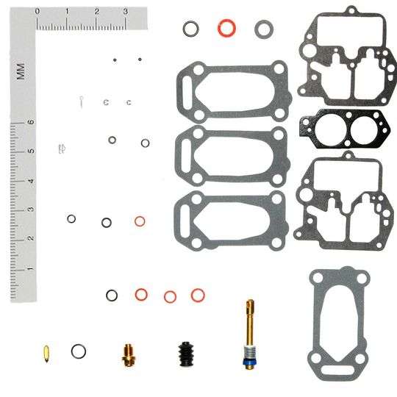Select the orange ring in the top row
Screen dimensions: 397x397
[x=226, y=28]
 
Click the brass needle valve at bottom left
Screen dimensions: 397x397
[x=47, y=353]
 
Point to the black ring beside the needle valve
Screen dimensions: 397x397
[x=78, y=351]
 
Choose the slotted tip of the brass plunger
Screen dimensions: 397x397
[x=250, y=304]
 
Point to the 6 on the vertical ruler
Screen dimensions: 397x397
[x=30, y=123]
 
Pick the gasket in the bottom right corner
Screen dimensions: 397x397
[x=337, y=322]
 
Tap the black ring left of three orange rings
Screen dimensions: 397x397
[x=112, y=295]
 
